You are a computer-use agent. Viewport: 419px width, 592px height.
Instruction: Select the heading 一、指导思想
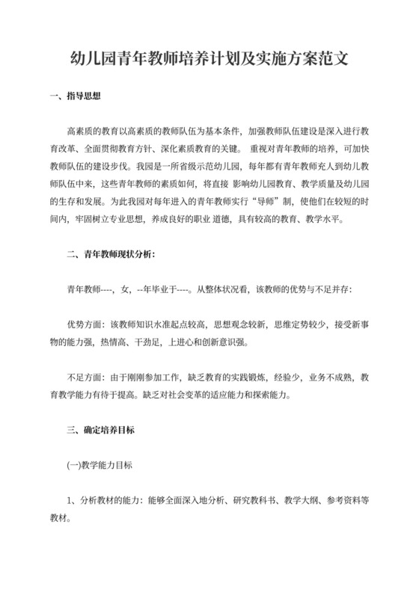pyautogui.click(x=74, y=96)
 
